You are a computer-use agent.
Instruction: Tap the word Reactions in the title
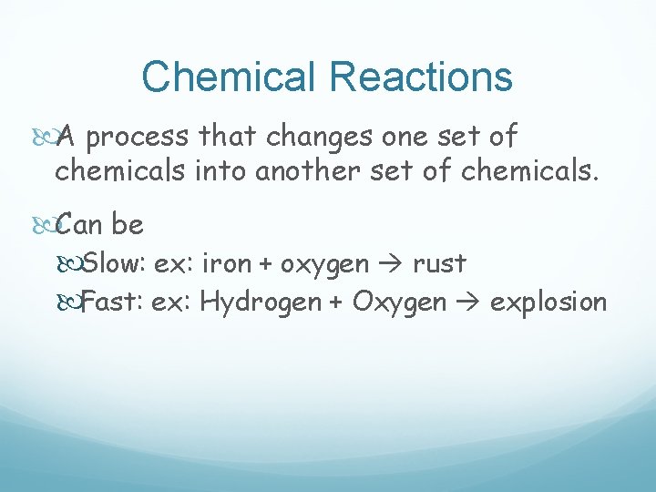pos(421,77)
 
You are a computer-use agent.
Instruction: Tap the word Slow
pos(114,264)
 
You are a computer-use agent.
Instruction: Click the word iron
pos(223,264)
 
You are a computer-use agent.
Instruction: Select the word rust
pos(439,264)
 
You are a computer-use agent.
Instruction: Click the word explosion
pos(548,301)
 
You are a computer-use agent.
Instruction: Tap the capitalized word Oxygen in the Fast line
pos(399,302)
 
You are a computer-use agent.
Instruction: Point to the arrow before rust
pos(392,265)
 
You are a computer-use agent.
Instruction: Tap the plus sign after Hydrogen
pos(336,302)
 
